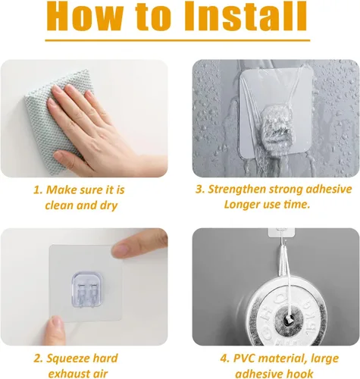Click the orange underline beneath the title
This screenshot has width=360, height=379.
pos(177,40)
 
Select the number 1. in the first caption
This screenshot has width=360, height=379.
pos(38,190)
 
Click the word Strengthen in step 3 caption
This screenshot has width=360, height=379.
pos(236,189)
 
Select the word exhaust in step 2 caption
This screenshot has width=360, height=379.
pos(67,374)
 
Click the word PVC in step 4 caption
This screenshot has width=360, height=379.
pos(244,359)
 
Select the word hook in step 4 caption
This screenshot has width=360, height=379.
pos(301,374)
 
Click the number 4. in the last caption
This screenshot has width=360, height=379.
pos(224,359)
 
